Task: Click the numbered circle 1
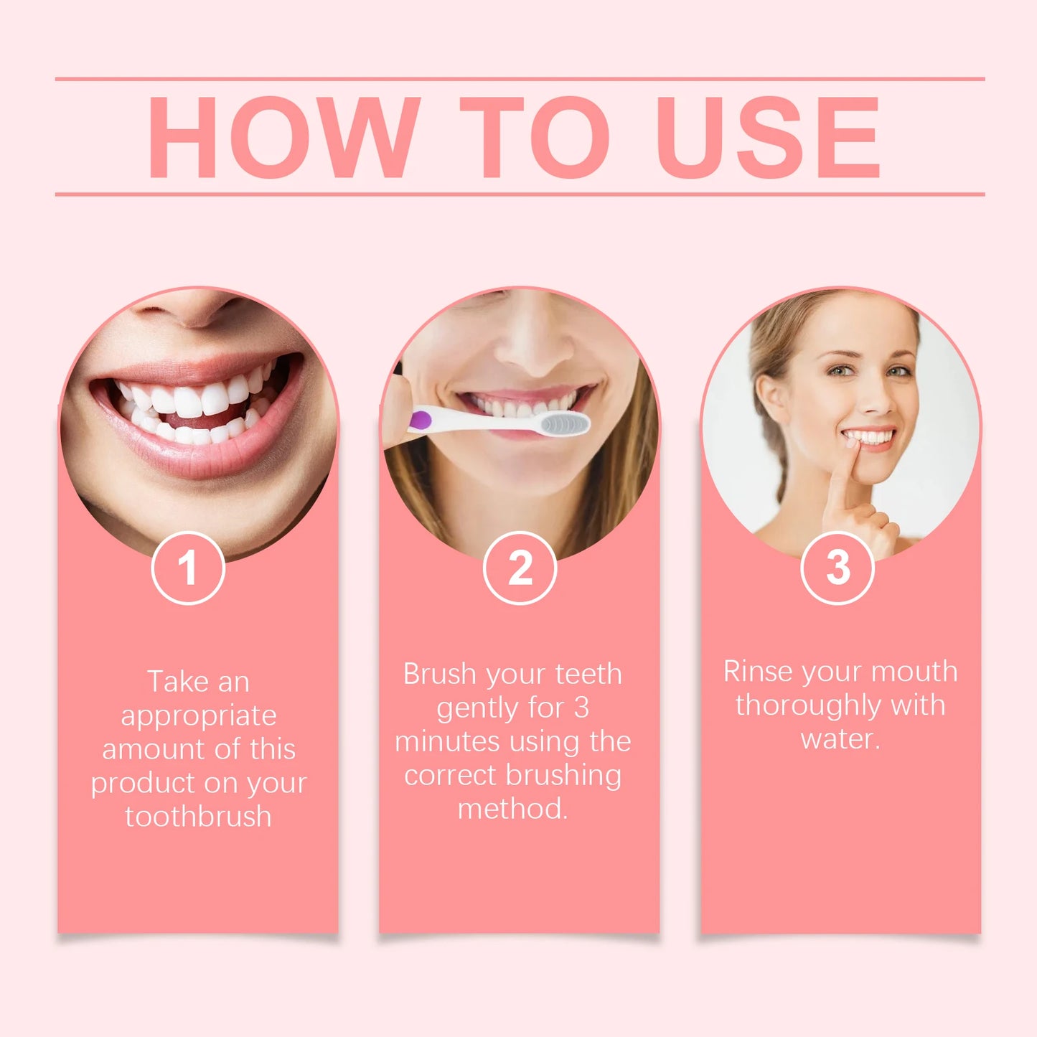(188, 568)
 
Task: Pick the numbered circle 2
(520, 568)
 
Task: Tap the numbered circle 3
(837, 568)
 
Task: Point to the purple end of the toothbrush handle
(419, 421)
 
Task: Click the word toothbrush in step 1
(199, 817)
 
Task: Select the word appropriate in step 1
(199, 716)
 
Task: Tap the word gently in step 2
(479, 709)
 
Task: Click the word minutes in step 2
(446, 741)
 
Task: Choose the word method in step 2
(511, 809)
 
